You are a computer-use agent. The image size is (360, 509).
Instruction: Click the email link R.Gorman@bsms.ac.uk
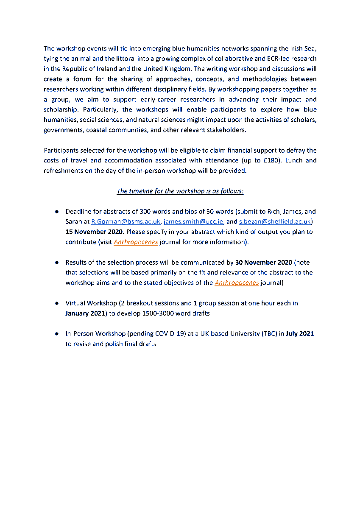tap(126, 222)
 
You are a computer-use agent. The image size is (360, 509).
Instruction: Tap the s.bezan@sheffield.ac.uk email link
tap(275, 222)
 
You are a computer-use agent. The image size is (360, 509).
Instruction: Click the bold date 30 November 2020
tap(263, 263)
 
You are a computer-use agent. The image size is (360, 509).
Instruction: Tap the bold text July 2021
tap(300, 334)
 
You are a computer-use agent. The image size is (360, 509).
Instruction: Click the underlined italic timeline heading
tap(180, 191)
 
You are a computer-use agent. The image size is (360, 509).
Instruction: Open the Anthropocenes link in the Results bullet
tap(237, 283)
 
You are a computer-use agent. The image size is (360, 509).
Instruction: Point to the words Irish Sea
tap(302, 48)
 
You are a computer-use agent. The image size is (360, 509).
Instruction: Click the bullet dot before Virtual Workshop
tap(56, 304)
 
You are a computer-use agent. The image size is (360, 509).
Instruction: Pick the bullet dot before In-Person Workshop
tap(56, 334)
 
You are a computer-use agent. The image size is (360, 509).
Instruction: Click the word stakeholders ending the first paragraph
tap(227, 130)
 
